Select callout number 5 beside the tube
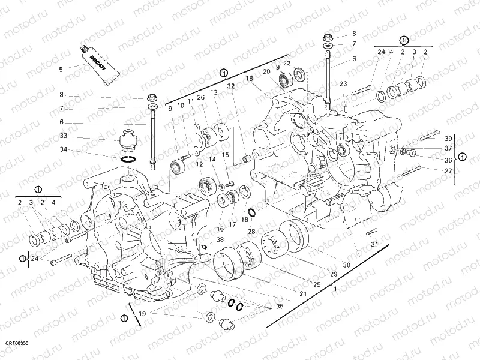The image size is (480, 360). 61,70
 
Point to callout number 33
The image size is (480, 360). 63,136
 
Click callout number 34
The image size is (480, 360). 63,151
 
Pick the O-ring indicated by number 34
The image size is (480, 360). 128,159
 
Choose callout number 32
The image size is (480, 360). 230,86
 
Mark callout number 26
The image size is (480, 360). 200,97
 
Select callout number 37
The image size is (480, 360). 448,149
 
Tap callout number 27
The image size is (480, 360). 448,170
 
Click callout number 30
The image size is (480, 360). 346,265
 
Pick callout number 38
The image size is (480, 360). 203,239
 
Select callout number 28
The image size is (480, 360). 251,232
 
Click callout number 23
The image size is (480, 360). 343,84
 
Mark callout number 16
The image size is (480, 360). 220,229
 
